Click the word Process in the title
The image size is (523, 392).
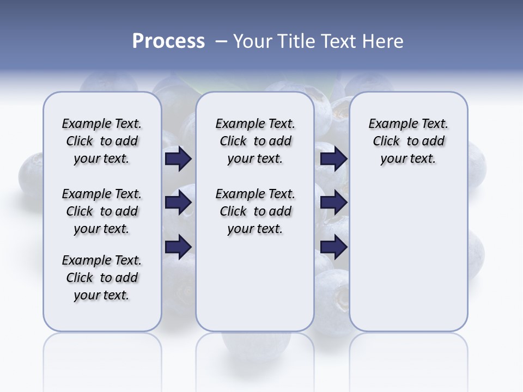coord(168,41)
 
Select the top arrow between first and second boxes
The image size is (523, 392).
coord(178,159)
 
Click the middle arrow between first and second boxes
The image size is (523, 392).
coord(178,203)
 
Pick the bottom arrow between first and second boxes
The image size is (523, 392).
coord(178,247)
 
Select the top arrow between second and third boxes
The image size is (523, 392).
coord(333,159)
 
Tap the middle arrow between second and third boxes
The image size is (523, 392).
coord(333,203)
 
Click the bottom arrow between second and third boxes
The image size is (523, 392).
coord(333,247)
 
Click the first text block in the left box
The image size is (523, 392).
coord(102,141)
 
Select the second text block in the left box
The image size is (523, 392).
coord(102,211)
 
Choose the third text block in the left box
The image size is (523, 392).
coord(102,278)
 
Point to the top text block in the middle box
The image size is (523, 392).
coord(255,141)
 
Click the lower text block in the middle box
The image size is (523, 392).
coord(255,211)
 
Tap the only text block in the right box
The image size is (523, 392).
coord(408,141)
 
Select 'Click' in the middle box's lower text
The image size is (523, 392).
coord(233,211)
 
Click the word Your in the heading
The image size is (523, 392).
coord(252,41)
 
